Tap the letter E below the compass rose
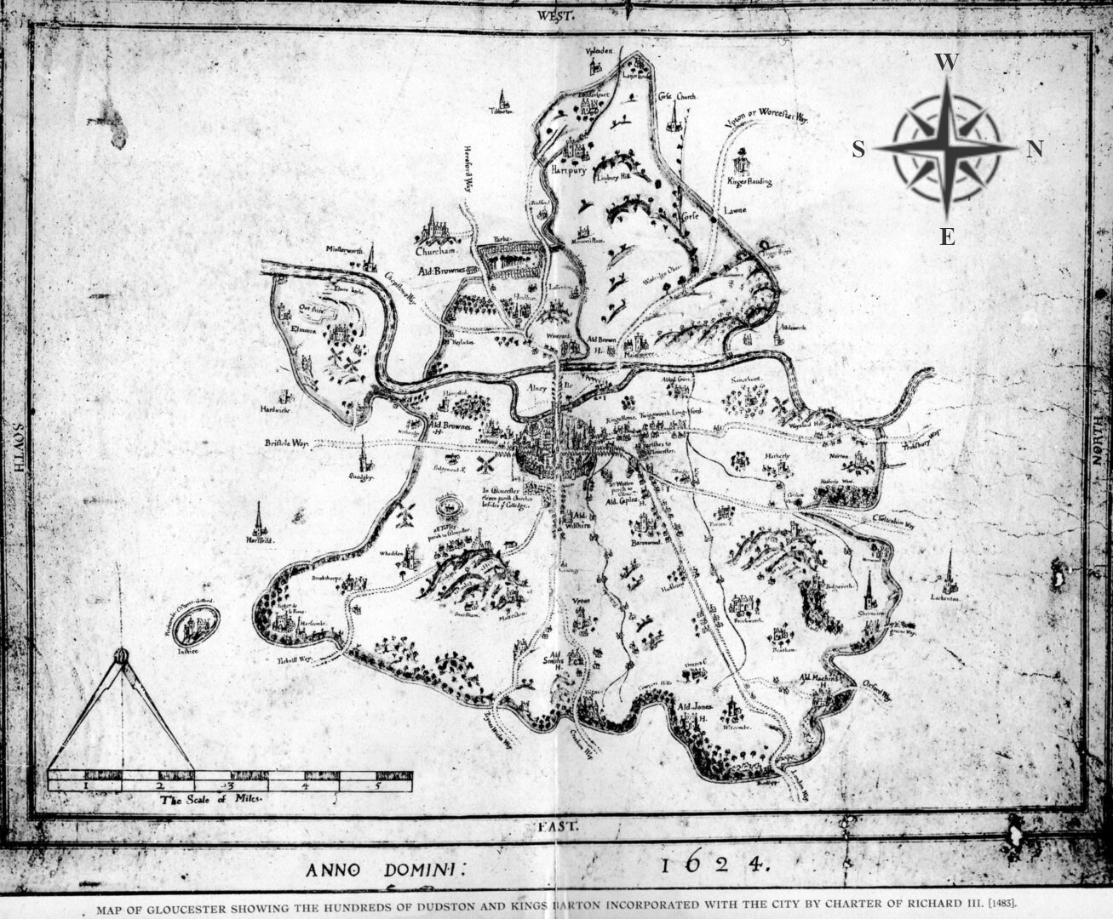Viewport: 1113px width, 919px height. (x=947, y=237)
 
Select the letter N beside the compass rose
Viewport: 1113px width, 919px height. (x=1035, y=150)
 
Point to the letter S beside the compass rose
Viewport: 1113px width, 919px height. (x=858, y=151)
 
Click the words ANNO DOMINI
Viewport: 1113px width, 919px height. (x=383, y=869)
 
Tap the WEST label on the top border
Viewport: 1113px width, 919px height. (x=557, y=16)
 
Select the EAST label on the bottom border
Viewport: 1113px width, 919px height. (x=558, y=826)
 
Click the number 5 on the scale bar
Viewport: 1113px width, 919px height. (x=377, y=786)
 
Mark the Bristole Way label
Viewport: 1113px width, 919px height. (x=287, y=443)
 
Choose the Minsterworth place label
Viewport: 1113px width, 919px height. (x=344, y=250)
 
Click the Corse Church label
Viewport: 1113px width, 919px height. (x=678, y=97)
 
